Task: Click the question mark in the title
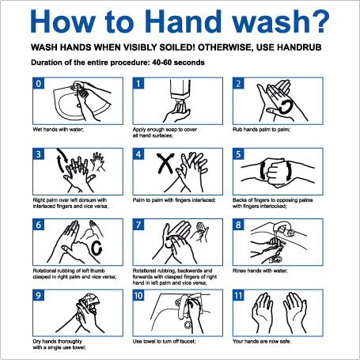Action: click(x=320, y=21)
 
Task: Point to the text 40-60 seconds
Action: click(x=178, y=63)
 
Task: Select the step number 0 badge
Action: click(x=39, y=83)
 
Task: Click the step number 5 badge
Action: click(x=238, y=154)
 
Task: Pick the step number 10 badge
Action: click(x=138, y=295)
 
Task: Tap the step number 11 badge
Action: click(x=238, y=295)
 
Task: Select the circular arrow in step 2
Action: click(x=286, y=107)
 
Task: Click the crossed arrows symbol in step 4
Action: click(x=165, y=163)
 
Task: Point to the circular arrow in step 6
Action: click(x=97, y=248)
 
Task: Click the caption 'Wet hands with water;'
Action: click(x=58, y=130)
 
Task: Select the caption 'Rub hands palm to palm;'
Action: click(x=261, y=130)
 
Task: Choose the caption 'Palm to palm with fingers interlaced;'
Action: click(x=174, y=200)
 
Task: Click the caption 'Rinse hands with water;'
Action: click(x=260, y=271)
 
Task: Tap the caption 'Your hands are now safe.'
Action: click(x=262, y=342)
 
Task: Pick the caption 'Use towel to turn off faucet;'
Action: click(x=164, y=342)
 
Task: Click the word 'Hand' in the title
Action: click(x=183, y=21)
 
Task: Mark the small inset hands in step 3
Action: click(x=98, y=161)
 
